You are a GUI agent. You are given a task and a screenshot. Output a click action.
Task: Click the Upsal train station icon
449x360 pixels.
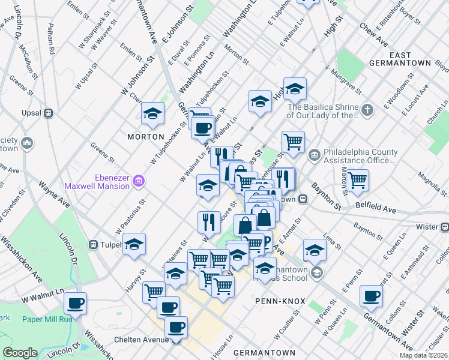tap(49, 113)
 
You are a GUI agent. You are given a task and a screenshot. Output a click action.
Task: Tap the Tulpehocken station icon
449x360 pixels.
tap(94, 244)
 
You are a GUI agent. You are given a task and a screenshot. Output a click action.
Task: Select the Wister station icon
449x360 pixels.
tap(445, 227)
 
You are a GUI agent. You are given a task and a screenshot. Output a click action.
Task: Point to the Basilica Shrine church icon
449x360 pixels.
tap(368, 110)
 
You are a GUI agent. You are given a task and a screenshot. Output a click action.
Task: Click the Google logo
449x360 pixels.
tap(20, 353)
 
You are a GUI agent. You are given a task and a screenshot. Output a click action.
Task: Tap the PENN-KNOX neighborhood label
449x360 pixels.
tap(280, 301)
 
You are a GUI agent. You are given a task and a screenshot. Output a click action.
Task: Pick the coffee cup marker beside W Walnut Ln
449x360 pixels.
tap(75, 304)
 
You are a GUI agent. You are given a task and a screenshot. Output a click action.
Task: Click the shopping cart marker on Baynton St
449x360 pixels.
tap(357, 180)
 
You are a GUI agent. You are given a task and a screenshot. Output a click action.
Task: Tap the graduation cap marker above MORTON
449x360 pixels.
tap(153, 113)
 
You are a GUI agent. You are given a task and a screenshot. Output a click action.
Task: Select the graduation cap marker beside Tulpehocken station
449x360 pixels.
tap(134, 244)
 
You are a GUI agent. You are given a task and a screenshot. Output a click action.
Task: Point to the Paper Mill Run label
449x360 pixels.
tap(47, 319)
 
